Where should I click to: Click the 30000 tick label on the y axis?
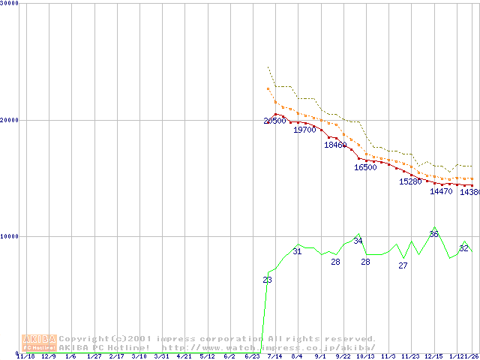[x=10, y=3]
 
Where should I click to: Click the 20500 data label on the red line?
[x=274, y=121]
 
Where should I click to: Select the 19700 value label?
[x=304, y=130]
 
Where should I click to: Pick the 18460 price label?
[x=335, y=145]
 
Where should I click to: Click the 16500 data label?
[x=365, y=167]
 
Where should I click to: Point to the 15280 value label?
[x=410, y=181]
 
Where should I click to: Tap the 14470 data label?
[x=441, y=191]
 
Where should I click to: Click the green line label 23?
[x=267, y=280]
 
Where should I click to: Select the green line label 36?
[x=433, y=234]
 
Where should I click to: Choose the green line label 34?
[x=358, y=241]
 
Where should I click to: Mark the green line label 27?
[x=403, y=265]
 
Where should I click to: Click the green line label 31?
[x=297, y=251]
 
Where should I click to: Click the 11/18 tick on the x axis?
[x=25, y=356]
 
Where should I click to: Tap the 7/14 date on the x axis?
[x=274, y=356]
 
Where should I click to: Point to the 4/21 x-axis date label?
[x=184, y=356]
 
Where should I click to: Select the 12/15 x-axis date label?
[x=433, y=356]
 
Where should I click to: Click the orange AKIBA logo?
[x=39, y=343]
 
